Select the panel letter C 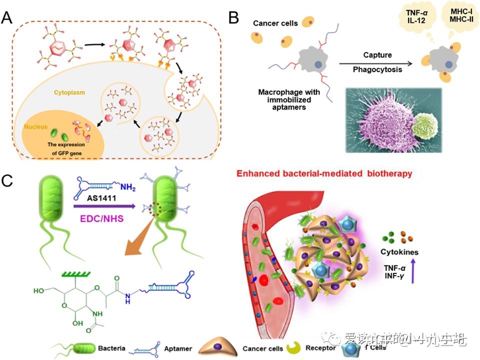pyautogui.click(x=8, y=180)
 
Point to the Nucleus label pyautogui.click(x=36, y=127)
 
